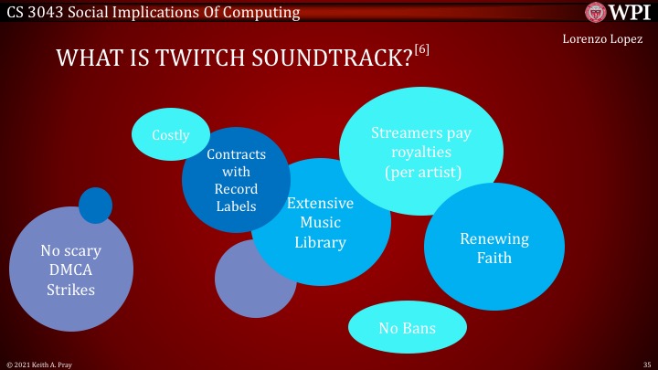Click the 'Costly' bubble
point(169,135)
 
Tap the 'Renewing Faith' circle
point(493,248)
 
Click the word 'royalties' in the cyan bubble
point(421,153)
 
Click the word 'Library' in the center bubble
point(320,242)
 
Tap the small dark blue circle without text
point(95,205)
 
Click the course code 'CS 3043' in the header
point(34,13)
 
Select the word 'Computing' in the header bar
point(263,13)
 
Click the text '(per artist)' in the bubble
point(421,172)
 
